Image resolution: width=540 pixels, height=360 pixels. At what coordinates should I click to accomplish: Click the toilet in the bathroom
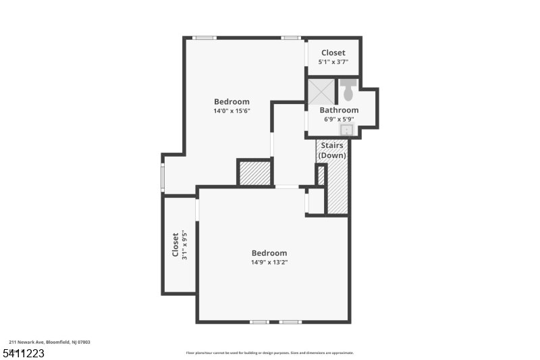point(348,88)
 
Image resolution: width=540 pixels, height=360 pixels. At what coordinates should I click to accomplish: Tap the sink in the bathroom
point(346,130)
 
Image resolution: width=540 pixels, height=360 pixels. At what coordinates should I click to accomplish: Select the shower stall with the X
point(321,92)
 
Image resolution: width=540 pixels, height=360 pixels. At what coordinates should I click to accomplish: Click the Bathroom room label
point(339,110)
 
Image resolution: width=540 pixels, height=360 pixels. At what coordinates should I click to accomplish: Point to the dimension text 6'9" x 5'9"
point(339,119)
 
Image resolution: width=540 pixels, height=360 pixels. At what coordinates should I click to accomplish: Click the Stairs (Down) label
point(332,150)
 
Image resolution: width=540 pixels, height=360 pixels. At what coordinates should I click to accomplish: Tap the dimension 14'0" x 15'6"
point(232,111)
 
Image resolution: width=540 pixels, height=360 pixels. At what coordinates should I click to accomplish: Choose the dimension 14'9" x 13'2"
point(269,262)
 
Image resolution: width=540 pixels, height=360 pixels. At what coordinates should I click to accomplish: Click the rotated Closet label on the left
point(175,245)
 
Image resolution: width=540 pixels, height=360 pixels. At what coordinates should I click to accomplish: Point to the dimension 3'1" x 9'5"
point(184,245)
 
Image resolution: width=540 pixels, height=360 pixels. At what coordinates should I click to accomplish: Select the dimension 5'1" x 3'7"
point(333,61)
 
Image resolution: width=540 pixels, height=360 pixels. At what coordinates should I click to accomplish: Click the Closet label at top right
point(333,53)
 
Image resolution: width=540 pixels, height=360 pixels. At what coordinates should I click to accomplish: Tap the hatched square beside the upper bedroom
point(254,172)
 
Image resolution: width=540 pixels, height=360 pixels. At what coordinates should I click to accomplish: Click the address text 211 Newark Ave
point(49,342)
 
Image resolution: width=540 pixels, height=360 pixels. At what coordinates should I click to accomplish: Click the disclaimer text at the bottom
point(269,353)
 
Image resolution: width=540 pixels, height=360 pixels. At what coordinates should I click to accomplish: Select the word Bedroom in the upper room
point(232,102)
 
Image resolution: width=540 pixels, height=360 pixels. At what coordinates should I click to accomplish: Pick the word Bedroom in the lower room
point(269,253)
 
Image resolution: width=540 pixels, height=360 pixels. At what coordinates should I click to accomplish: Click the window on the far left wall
point(163,176)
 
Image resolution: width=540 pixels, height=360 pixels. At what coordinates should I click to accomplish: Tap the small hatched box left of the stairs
point(321,176)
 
